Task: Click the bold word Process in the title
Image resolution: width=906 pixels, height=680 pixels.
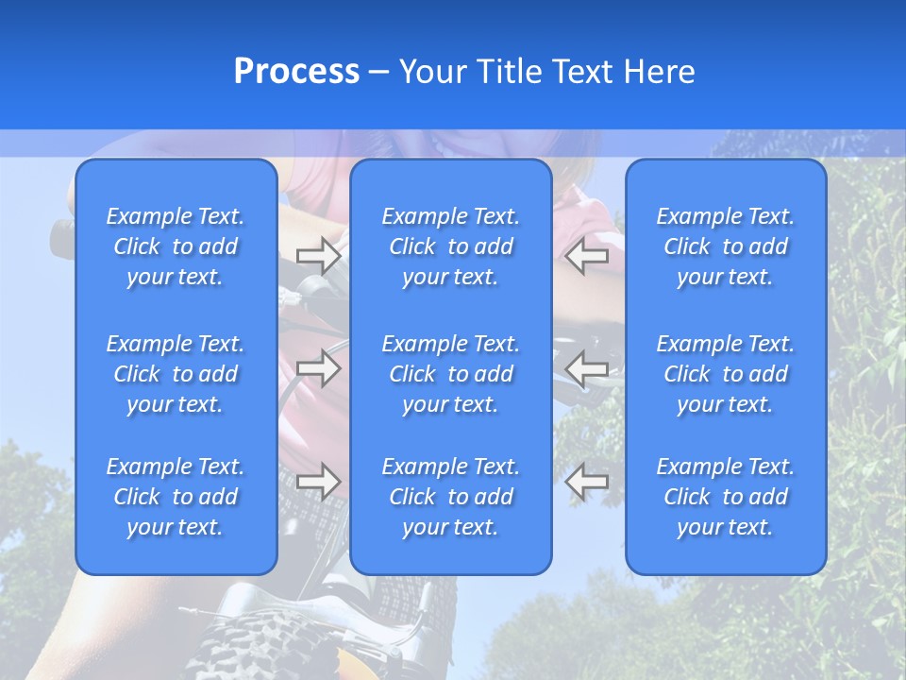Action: pos(296,72)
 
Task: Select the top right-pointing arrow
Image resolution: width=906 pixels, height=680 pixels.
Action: pos(319,256)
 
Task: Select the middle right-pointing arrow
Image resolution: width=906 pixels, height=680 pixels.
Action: pos(319,367)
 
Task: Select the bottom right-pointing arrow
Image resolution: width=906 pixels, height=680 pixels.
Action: pos(319,481)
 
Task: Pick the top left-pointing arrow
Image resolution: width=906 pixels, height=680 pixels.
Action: pos(587,256)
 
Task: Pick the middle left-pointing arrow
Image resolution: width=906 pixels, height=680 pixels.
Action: pos(587,367)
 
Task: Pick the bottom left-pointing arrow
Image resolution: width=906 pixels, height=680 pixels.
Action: pos(587,481)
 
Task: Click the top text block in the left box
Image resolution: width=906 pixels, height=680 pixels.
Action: pos(176,246)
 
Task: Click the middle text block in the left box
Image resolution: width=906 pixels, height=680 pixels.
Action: pos(176,374)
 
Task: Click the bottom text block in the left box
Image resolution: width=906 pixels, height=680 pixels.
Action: pos(176,497)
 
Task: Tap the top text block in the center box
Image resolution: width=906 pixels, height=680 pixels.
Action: pos(450,246)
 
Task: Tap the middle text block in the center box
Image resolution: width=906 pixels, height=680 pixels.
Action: pos(450,374)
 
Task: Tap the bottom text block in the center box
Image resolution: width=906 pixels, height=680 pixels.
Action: pos(450,497)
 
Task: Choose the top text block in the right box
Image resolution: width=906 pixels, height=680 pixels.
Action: pos(725,246)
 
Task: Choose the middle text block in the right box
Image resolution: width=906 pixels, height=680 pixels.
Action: pos(725,374)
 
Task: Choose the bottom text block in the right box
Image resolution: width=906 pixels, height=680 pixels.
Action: pos(725,497)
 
